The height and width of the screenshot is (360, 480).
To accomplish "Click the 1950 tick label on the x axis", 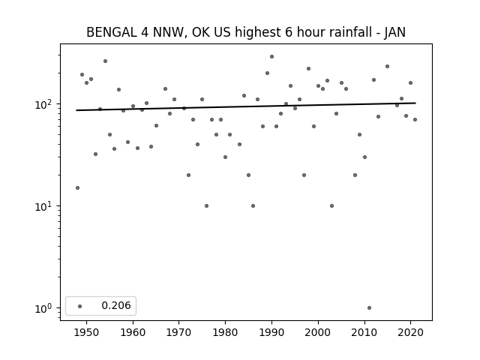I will click(x=87, y=332).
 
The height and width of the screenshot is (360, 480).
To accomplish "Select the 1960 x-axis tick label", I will click(x=133, y=332).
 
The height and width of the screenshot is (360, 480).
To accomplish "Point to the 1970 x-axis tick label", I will click(x=179, y=332).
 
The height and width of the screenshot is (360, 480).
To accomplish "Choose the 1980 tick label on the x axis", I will click(x=226, y=332).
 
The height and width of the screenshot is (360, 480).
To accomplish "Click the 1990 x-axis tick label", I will click(x=272, y=332).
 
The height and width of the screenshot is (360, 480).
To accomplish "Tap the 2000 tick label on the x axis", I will click(x=319, y=332).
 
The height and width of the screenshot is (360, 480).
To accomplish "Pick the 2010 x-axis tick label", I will click(x=364, y=332).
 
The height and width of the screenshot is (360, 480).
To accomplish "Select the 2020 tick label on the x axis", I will click(x=411, y=332).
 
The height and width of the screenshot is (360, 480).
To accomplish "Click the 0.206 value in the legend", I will click(x=115, y=306).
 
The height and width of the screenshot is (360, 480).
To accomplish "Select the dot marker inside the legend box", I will click(x=80, y=306).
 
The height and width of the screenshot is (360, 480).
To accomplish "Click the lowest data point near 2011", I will click(x=369, y=307).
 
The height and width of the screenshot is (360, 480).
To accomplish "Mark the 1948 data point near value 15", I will click(x=77, y=187).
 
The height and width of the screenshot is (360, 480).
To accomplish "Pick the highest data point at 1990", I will click(x=271, y=56).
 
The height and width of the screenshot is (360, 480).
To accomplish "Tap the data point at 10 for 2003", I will click(x=331, y=205).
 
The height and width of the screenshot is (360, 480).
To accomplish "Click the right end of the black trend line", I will click(x=415, y=103).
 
